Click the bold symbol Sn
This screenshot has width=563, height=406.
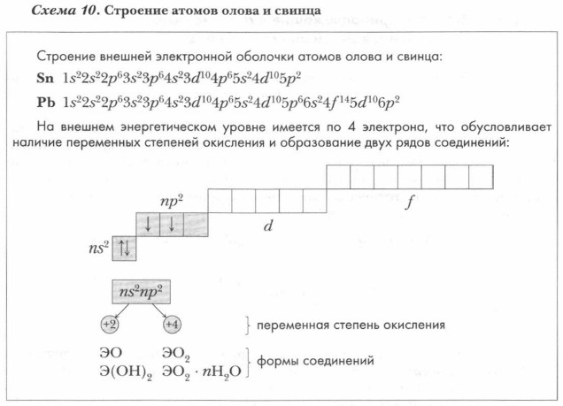(x=45, y=78)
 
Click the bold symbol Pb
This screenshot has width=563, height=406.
(x=46, y=103)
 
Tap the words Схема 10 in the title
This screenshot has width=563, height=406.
(x=65, y=10)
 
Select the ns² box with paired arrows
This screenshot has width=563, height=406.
(x=124, y=249)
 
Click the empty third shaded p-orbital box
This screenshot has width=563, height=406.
(x=196, y=225)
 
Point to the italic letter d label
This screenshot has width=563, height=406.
(x=268, y=226)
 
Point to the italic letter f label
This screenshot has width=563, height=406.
(x=409, y=203)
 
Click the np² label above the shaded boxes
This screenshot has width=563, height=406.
(x=171, y=201)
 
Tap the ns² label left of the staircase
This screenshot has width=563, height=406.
(x=99, y=248)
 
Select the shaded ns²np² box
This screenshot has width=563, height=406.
(x=141, y=292)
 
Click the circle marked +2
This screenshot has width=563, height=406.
(x=110, y=325)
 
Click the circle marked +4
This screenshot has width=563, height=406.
(x=173, y=325)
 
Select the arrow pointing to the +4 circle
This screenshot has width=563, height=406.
(x=159, y=310)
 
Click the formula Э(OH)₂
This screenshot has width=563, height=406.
(x=126, y=372)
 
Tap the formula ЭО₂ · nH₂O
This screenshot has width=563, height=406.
(x=202, y=372)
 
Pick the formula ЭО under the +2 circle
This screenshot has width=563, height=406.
(x=111, y=353)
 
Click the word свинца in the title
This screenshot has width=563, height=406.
(x=297, y=11)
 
